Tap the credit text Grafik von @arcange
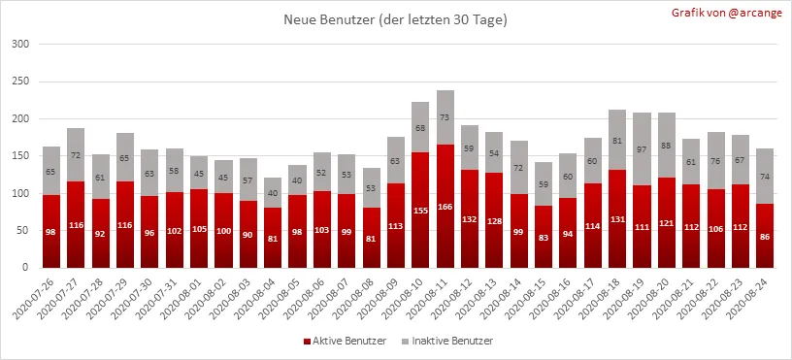[x=726, y=14]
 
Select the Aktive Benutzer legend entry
[x=345, y=341]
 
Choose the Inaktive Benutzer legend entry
[x=447, y=341]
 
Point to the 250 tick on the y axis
[x=20, y=82]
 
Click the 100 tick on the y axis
[x=20, y=193]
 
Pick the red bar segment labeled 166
[x=445, y=206]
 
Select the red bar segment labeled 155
[x=420, y=210]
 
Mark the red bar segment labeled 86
[x=765, y=236]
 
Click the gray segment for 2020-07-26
[x=51, y=171]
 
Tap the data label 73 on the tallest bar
[x=445, y=117]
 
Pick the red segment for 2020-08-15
[x=544, y=237]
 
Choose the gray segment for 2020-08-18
[x=617, y=140]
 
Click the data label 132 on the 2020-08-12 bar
[x=470, y=219]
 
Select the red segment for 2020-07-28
[x=101, y=233]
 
